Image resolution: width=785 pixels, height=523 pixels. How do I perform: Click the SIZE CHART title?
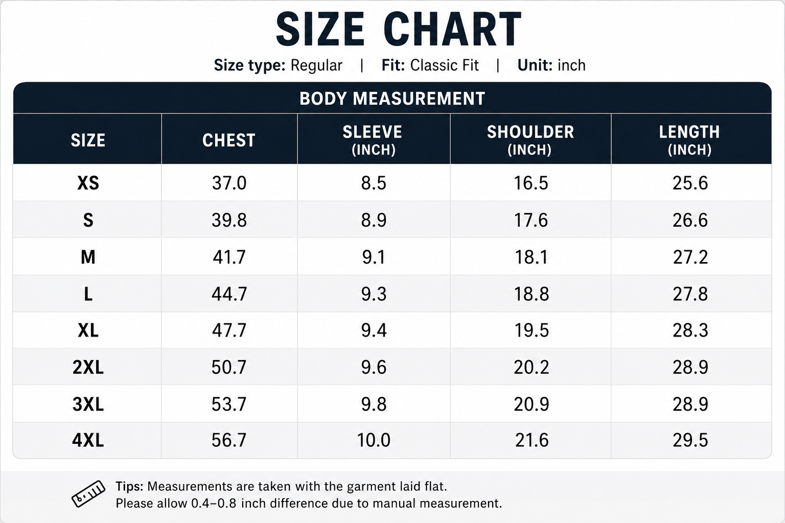click(399, 30)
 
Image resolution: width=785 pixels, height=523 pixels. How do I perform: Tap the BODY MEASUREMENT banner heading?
click(392, 99)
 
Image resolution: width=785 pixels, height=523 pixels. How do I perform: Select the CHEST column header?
click(229, 140)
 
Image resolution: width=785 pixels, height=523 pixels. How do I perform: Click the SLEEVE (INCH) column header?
click(373, 140)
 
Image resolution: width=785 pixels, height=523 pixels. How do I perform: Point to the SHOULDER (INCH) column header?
click(530, 140)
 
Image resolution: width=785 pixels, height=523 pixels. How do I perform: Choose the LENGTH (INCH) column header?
click(689, 140)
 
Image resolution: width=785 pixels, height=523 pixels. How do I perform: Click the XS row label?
click(88, 183)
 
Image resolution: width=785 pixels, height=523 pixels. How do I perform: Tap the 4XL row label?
click(88, 440)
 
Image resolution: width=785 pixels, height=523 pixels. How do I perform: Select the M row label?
click(88, 257)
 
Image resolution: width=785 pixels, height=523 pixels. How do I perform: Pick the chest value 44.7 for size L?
click(229, 294)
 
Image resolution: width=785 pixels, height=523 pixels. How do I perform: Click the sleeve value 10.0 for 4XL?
click(374, 440)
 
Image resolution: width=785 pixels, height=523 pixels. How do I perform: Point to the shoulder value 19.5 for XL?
click(532, 330)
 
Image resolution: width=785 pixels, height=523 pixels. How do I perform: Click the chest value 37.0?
click(229, 183)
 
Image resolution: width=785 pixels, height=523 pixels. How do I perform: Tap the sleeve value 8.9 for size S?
click(374, 220)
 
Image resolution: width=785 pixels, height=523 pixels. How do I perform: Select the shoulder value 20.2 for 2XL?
click(532, 367)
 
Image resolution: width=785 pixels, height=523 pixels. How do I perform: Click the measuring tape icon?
click(88, 494)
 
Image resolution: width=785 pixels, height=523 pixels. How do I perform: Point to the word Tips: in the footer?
click(129, 487)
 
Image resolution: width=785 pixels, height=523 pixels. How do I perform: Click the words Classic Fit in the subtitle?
click(444, 65)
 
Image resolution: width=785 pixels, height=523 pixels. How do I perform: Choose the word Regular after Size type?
click(316, 66)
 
